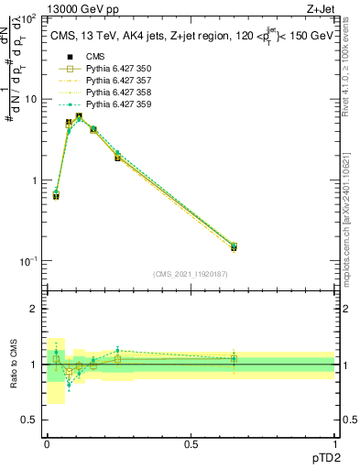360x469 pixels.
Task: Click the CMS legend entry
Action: tap(95, 56)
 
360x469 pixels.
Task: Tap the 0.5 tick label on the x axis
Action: tap(191, 444)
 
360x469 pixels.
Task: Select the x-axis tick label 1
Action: tap(334, 444)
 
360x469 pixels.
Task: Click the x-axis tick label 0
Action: tap(47, 444)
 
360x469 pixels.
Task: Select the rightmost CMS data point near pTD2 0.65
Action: tap(234, 247)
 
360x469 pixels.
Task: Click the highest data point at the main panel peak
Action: tap(80, 116)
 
